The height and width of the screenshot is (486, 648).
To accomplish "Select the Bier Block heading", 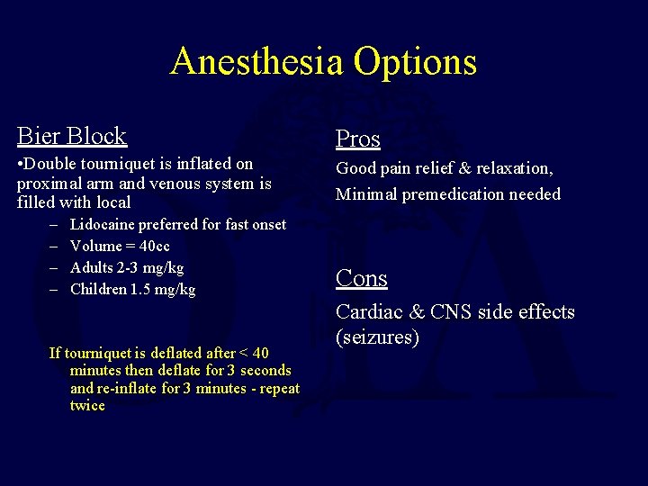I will pyautogui.click(x=72, y=136).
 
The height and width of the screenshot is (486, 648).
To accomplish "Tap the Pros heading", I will pyautogui.click(x=358, y=139).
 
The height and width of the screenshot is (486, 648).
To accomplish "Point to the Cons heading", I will pyautogui.click(x=362, y=278).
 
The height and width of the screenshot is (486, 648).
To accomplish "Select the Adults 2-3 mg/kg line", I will pyautogui.click(x=126, y=267).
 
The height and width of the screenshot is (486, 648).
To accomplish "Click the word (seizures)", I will pyautogui.click(x=377, y=337).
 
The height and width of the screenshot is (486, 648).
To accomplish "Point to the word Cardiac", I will pyautogui.click(x=364, y=312).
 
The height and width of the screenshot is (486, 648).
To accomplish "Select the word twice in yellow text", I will pyautogui.click(x=87, y=406).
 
